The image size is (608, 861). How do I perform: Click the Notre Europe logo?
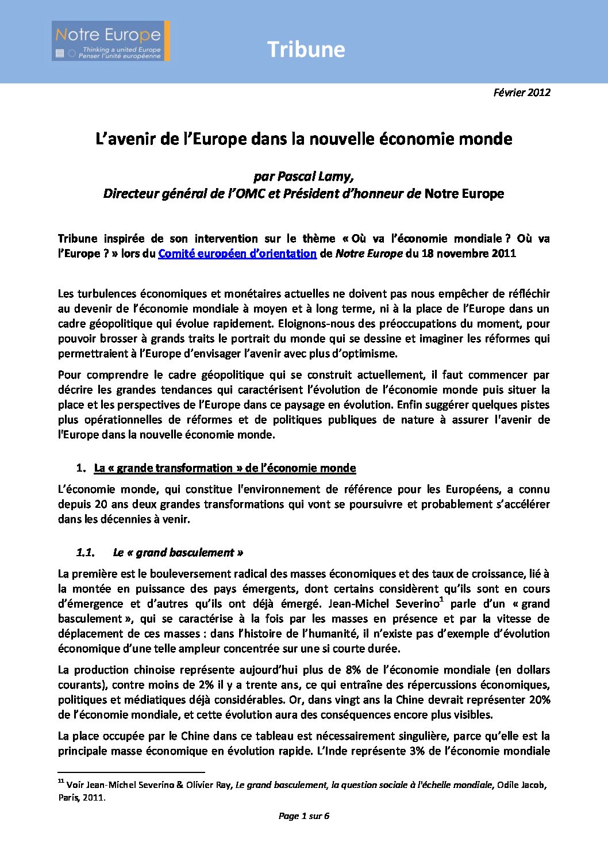pyautogui.click(x=110, y=41)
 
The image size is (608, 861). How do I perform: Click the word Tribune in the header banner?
pyautogui.click(x=306, y=49)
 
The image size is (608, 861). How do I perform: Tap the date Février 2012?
pyautogui.click(x=521, y=92)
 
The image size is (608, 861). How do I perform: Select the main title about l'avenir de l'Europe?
pyautogui.click(x=303, y=139)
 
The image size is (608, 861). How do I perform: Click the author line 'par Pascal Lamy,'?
pyautogui.click(x=303, y=177)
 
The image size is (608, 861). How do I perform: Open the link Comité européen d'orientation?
pyautogui.click(x=237, y=254)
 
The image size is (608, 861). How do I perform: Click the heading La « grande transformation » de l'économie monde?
pyautogui.click(x=225, y=468)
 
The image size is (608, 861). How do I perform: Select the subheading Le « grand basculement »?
pyautogui.click(x=178, y=553)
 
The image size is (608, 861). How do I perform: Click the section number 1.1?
pyautogui.click(x=85, y=553)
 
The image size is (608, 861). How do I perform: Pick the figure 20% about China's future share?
pyautogui.click(x=539, y=700)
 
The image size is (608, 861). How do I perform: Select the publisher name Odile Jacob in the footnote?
pyautogui.click(x=521, y=785)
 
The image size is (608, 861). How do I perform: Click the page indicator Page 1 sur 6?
pyautogui.click(x=303, y=816)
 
